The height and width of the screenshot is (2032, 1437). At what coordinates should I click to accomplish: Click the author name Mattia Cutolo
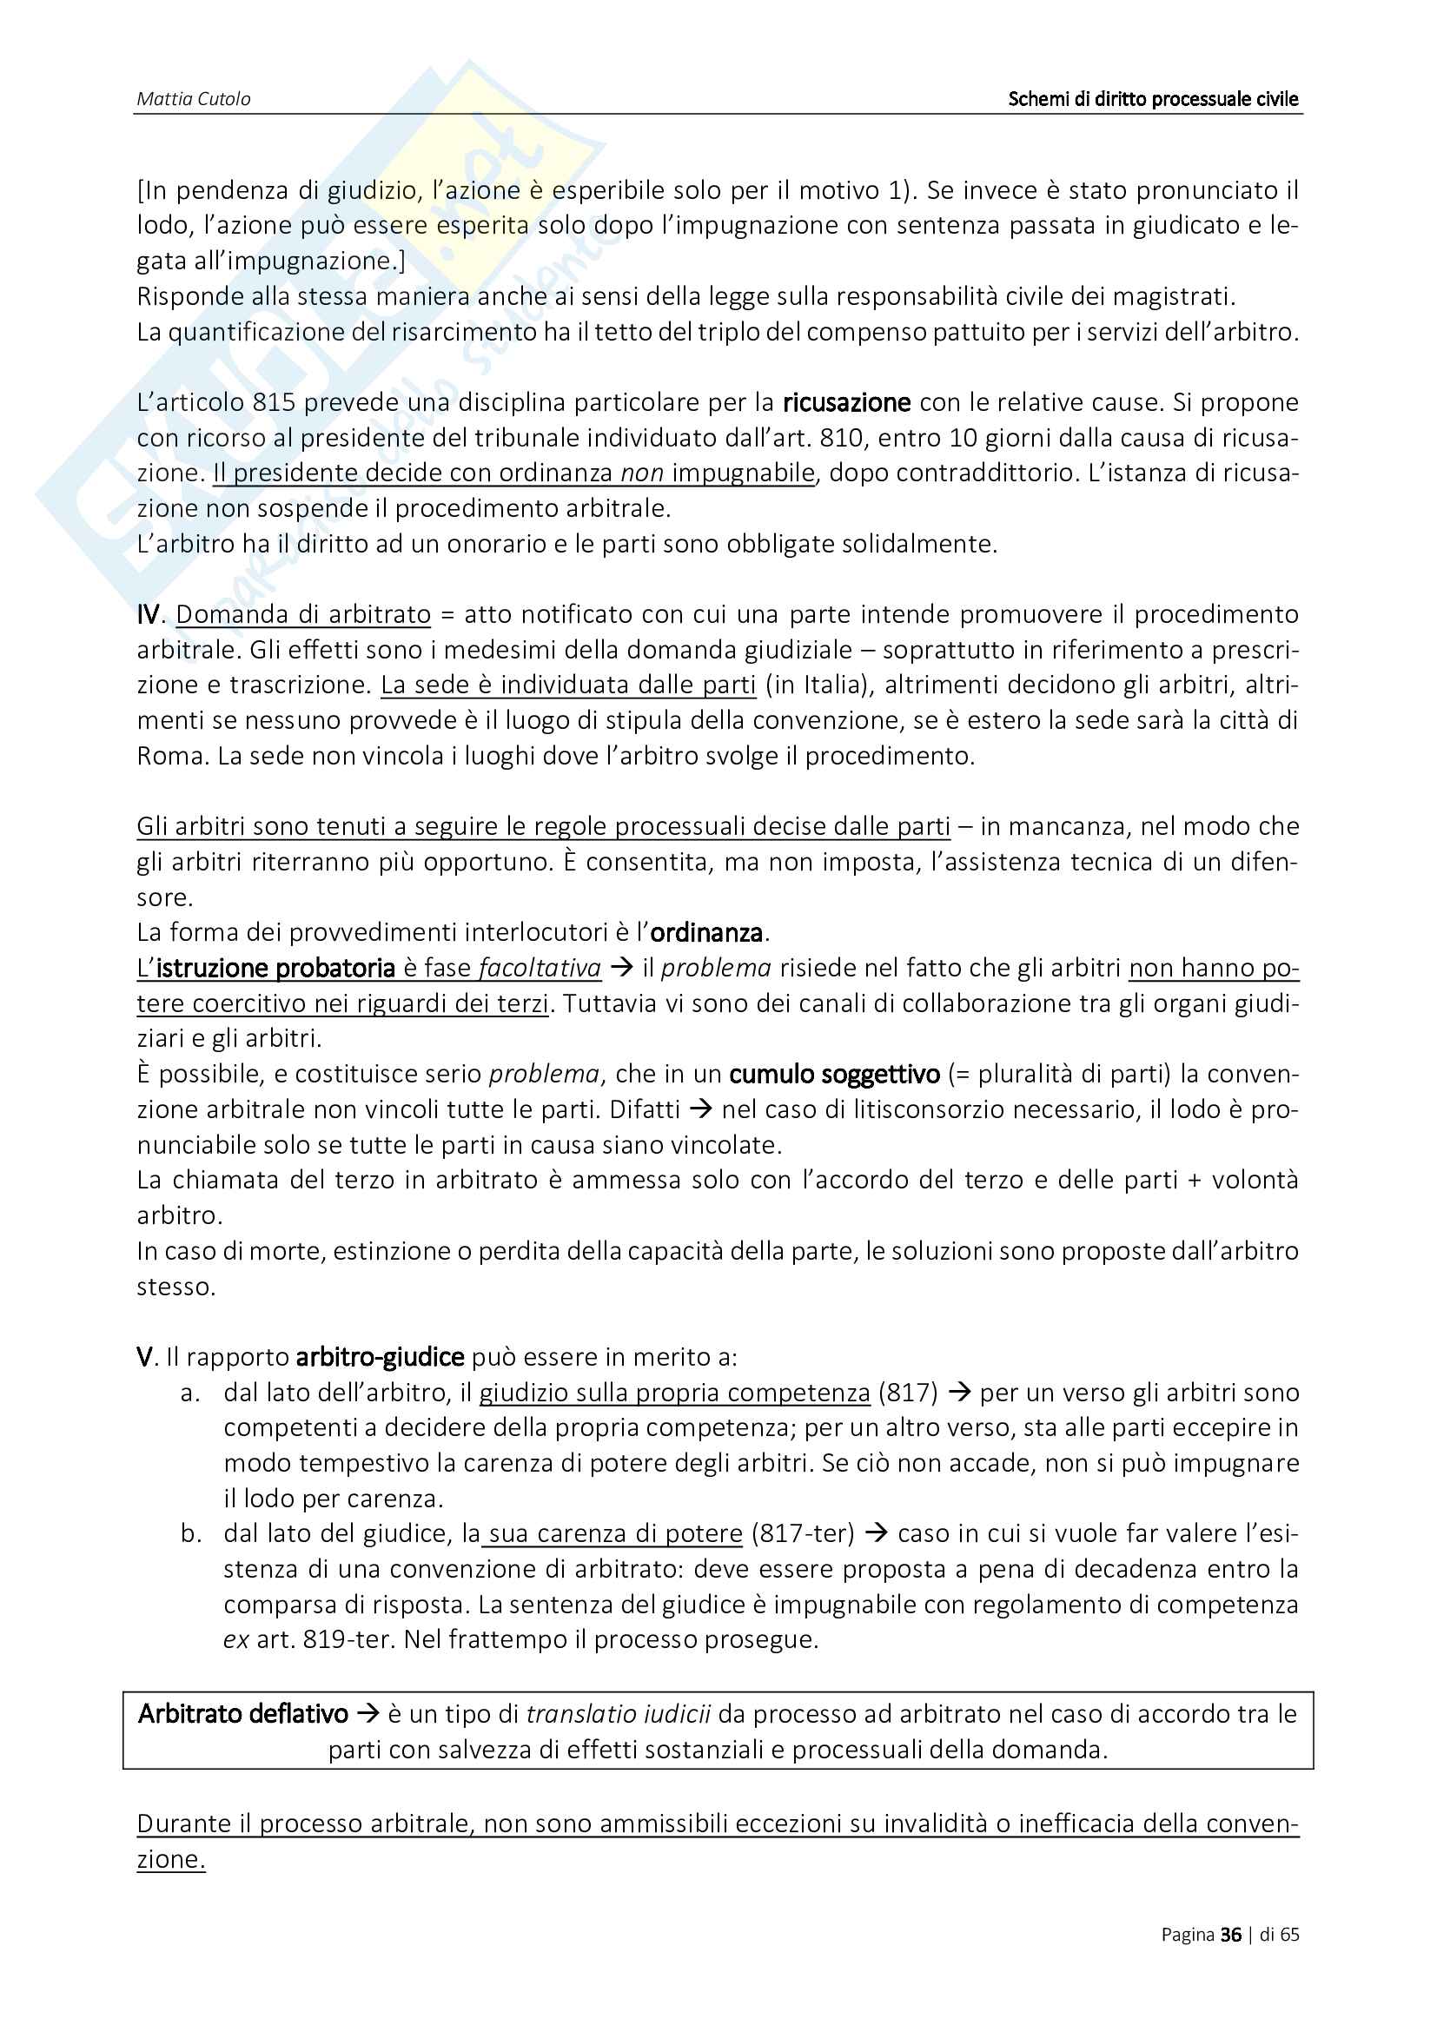193,99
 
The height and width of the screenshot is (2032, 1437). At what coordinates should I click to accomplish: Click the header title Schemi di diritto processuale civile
1152,99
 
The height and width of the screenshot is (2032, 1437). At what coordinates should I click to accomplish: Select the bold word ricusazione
846,403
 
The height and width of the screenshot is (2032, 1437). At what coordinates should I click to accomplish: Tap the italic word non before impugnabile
641,473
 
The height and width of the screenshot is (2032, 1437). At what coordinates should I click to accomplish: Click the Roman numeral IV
149,614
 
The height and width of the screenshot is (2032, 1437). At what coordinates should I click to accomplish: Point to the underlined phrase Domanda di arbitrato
302,614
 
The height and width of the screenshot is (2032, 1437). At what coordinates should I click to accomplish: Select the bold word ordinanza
706,933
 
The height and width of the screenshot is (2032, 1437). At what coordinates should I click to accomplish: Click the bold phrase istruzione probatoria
275,968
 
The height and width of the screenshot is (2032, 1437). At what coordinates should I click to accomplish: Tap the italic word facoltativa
540,968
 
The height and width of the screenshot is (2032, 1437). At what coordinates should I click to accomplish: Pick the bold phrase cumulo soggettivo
833,1075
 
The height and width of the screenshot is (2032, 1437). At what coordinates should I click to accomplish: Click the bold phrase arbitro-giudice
380,1358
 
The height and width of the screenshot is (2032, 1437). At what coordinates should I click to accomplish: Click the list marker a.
189,1393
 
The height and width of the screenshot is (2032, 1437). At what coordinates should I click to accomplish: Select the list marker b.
190,1533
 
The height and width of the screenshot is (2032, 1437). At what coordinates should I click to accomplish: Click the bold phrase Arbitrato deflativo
242,1714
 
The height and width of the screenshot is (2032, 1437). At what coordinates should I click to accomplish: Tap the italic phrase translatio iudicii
618,1714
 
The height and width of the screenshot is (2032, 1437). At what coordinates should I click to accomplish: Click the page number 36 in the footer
1230,1935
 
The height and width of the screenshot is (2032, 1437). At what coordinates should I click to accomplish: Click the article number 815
274,403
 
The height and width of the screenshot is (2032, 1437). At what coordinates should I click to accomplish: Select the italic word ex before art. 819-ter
235,1640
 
